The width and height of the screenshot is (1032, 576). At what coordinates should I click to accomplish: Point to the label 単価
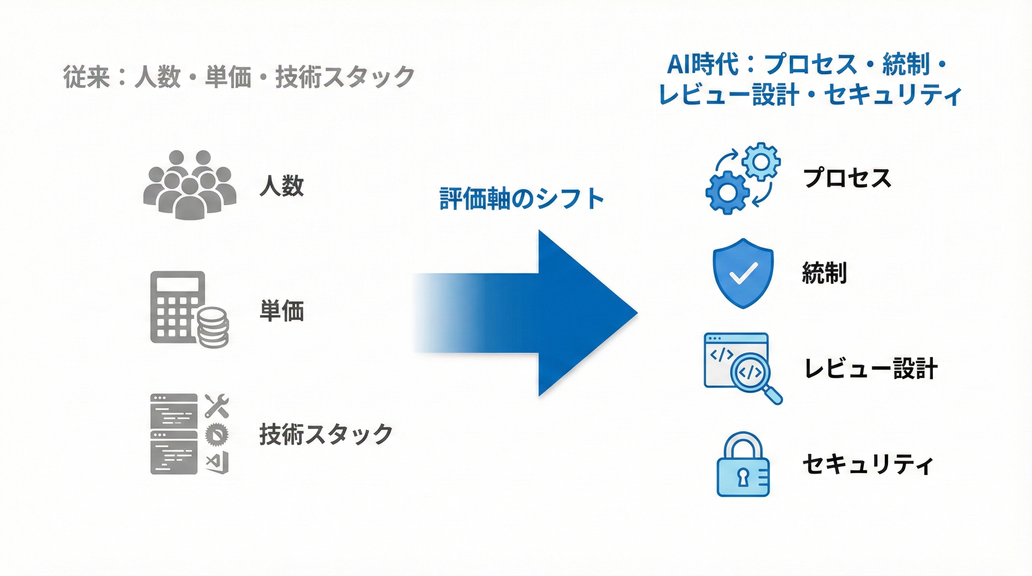click(282, 311)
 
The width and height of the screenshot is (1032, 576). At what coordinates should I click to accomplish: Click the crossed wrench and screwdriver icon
click(217, 406)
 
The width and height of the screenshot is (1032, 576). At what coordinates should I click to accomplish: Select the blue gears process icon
click(742, 178)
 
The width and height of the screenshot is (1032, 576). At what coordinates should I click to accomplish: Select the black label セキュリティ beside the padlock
click(868, 465)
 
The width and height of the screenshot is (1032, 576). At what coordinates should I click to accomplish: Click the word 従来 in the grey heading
click(87, 77)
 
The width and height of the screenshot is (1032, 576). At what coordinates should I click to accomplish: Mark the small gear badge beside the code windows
click(217, 434)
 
